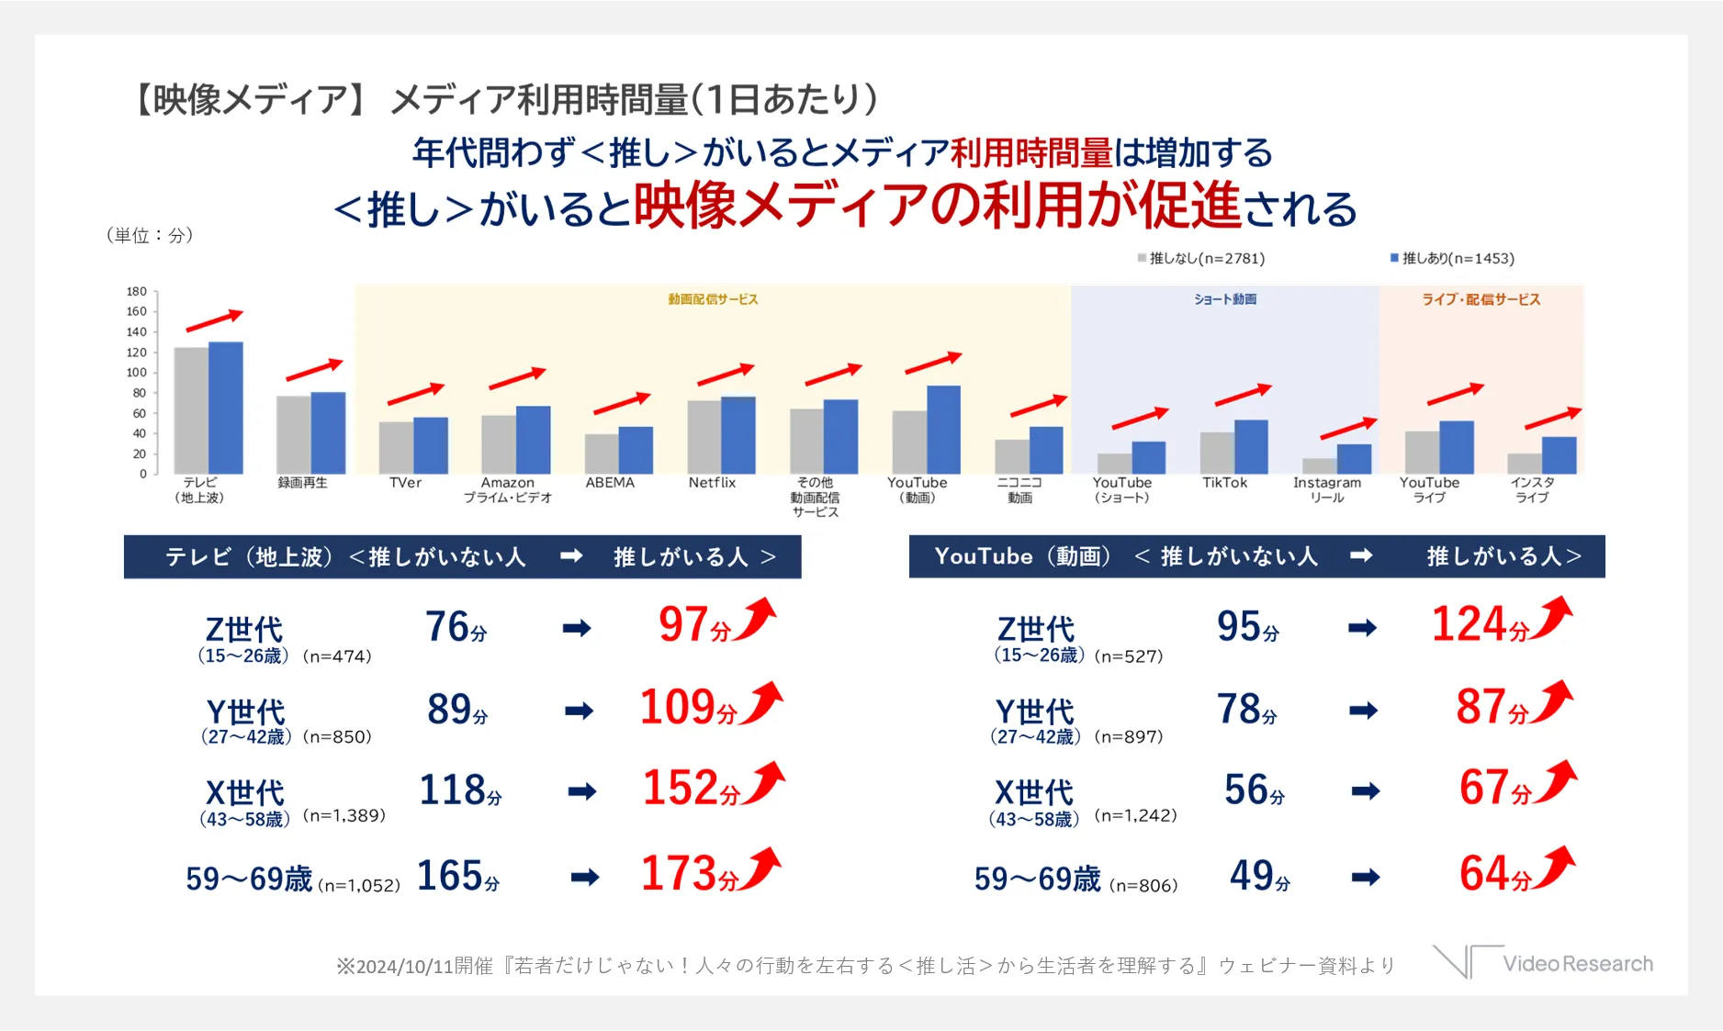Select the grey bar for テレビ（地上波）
[191, 410]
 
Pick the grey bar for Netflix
[704, 437]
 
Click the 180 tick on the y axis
[137, 291]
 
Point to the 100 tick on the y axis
[137, 372]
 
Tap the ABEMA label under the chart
[610, 483]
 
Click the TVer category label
[405, 483]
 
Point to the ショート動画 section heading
[1225, 299]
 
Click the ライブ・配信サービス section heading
[1481, 299]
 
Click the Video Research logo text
[1577, 964]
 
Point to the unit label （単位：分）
[150, 235]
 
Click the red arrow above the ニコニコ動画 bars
[1038, 405]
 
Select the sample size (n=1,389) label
[344, 815]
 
